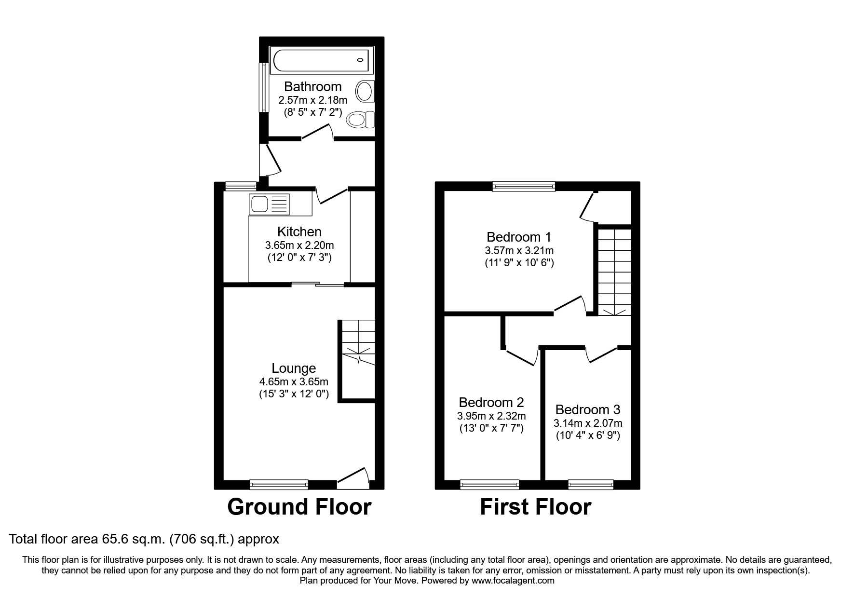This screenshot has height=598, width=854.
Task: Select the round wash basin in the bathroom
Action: tap(365, 91)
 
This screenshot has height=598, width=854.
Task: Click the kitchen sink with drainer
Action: tap(269, 204)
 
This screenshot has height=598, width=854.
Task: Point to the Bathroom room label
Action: tap(312, 87)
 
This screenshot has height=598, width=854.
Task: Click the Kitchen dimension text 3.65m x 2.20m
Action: tap(299, 245)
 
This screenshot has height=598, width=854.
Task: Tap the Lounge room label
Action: tap(294, 368)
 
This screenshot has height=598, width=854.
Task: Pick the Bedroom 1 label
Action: tap(519, 237)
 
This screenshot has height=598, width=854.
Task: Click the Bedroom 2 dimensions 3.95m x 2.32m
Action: tap(491, 416)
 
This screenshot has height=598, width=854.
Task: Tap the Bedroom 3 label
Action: tap(588, 410)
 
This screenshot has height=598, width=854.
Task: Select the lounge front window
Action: tap(279, 484)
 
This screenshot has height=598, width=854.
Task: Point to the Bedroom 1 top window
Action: tap(524, 186)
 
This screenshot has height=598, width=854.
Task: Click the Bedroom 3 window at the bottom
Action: tap(591, 484)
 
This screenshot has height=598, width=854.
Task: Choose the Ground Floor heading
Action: tap(299, 507)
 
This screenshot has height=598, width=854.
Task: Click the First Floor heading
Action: tap(535, 507)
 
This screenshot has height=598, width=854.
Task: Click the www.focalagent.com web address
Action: tap(513, 581)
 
